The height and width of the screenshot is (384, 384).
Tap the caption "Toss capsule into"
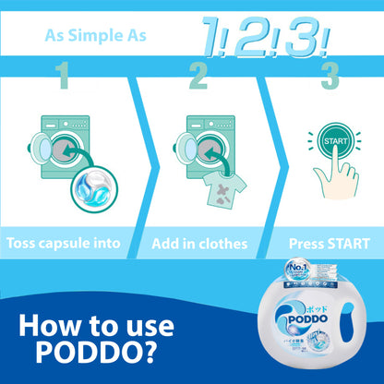64,244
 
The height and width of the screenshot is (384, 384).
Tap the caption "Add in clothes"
199,244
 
